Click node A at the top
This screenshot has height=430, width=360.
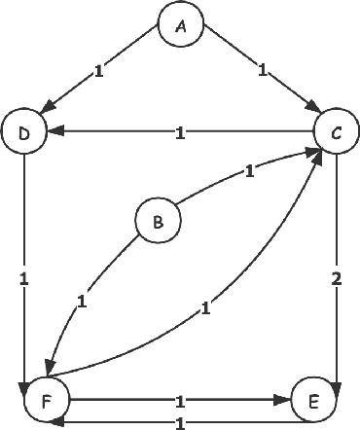click(x=181, y=26)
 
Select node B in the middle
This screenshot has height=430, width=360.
click(x=157, y=223)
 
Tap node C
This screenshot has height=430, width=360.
click(x=336, y=134)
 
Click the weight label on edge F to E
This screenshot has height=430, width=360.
click(x=180, y=399)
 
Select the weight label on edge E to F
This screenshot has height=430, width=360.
click(x=180, y=421)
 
